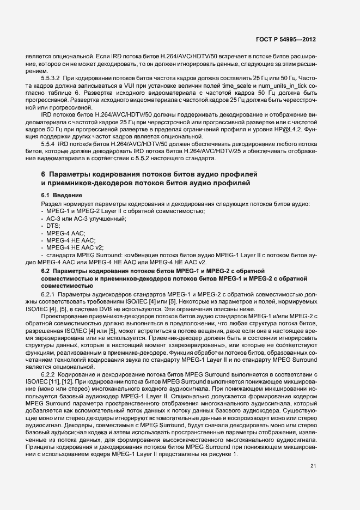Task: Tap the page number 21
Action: coord(313,435)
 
